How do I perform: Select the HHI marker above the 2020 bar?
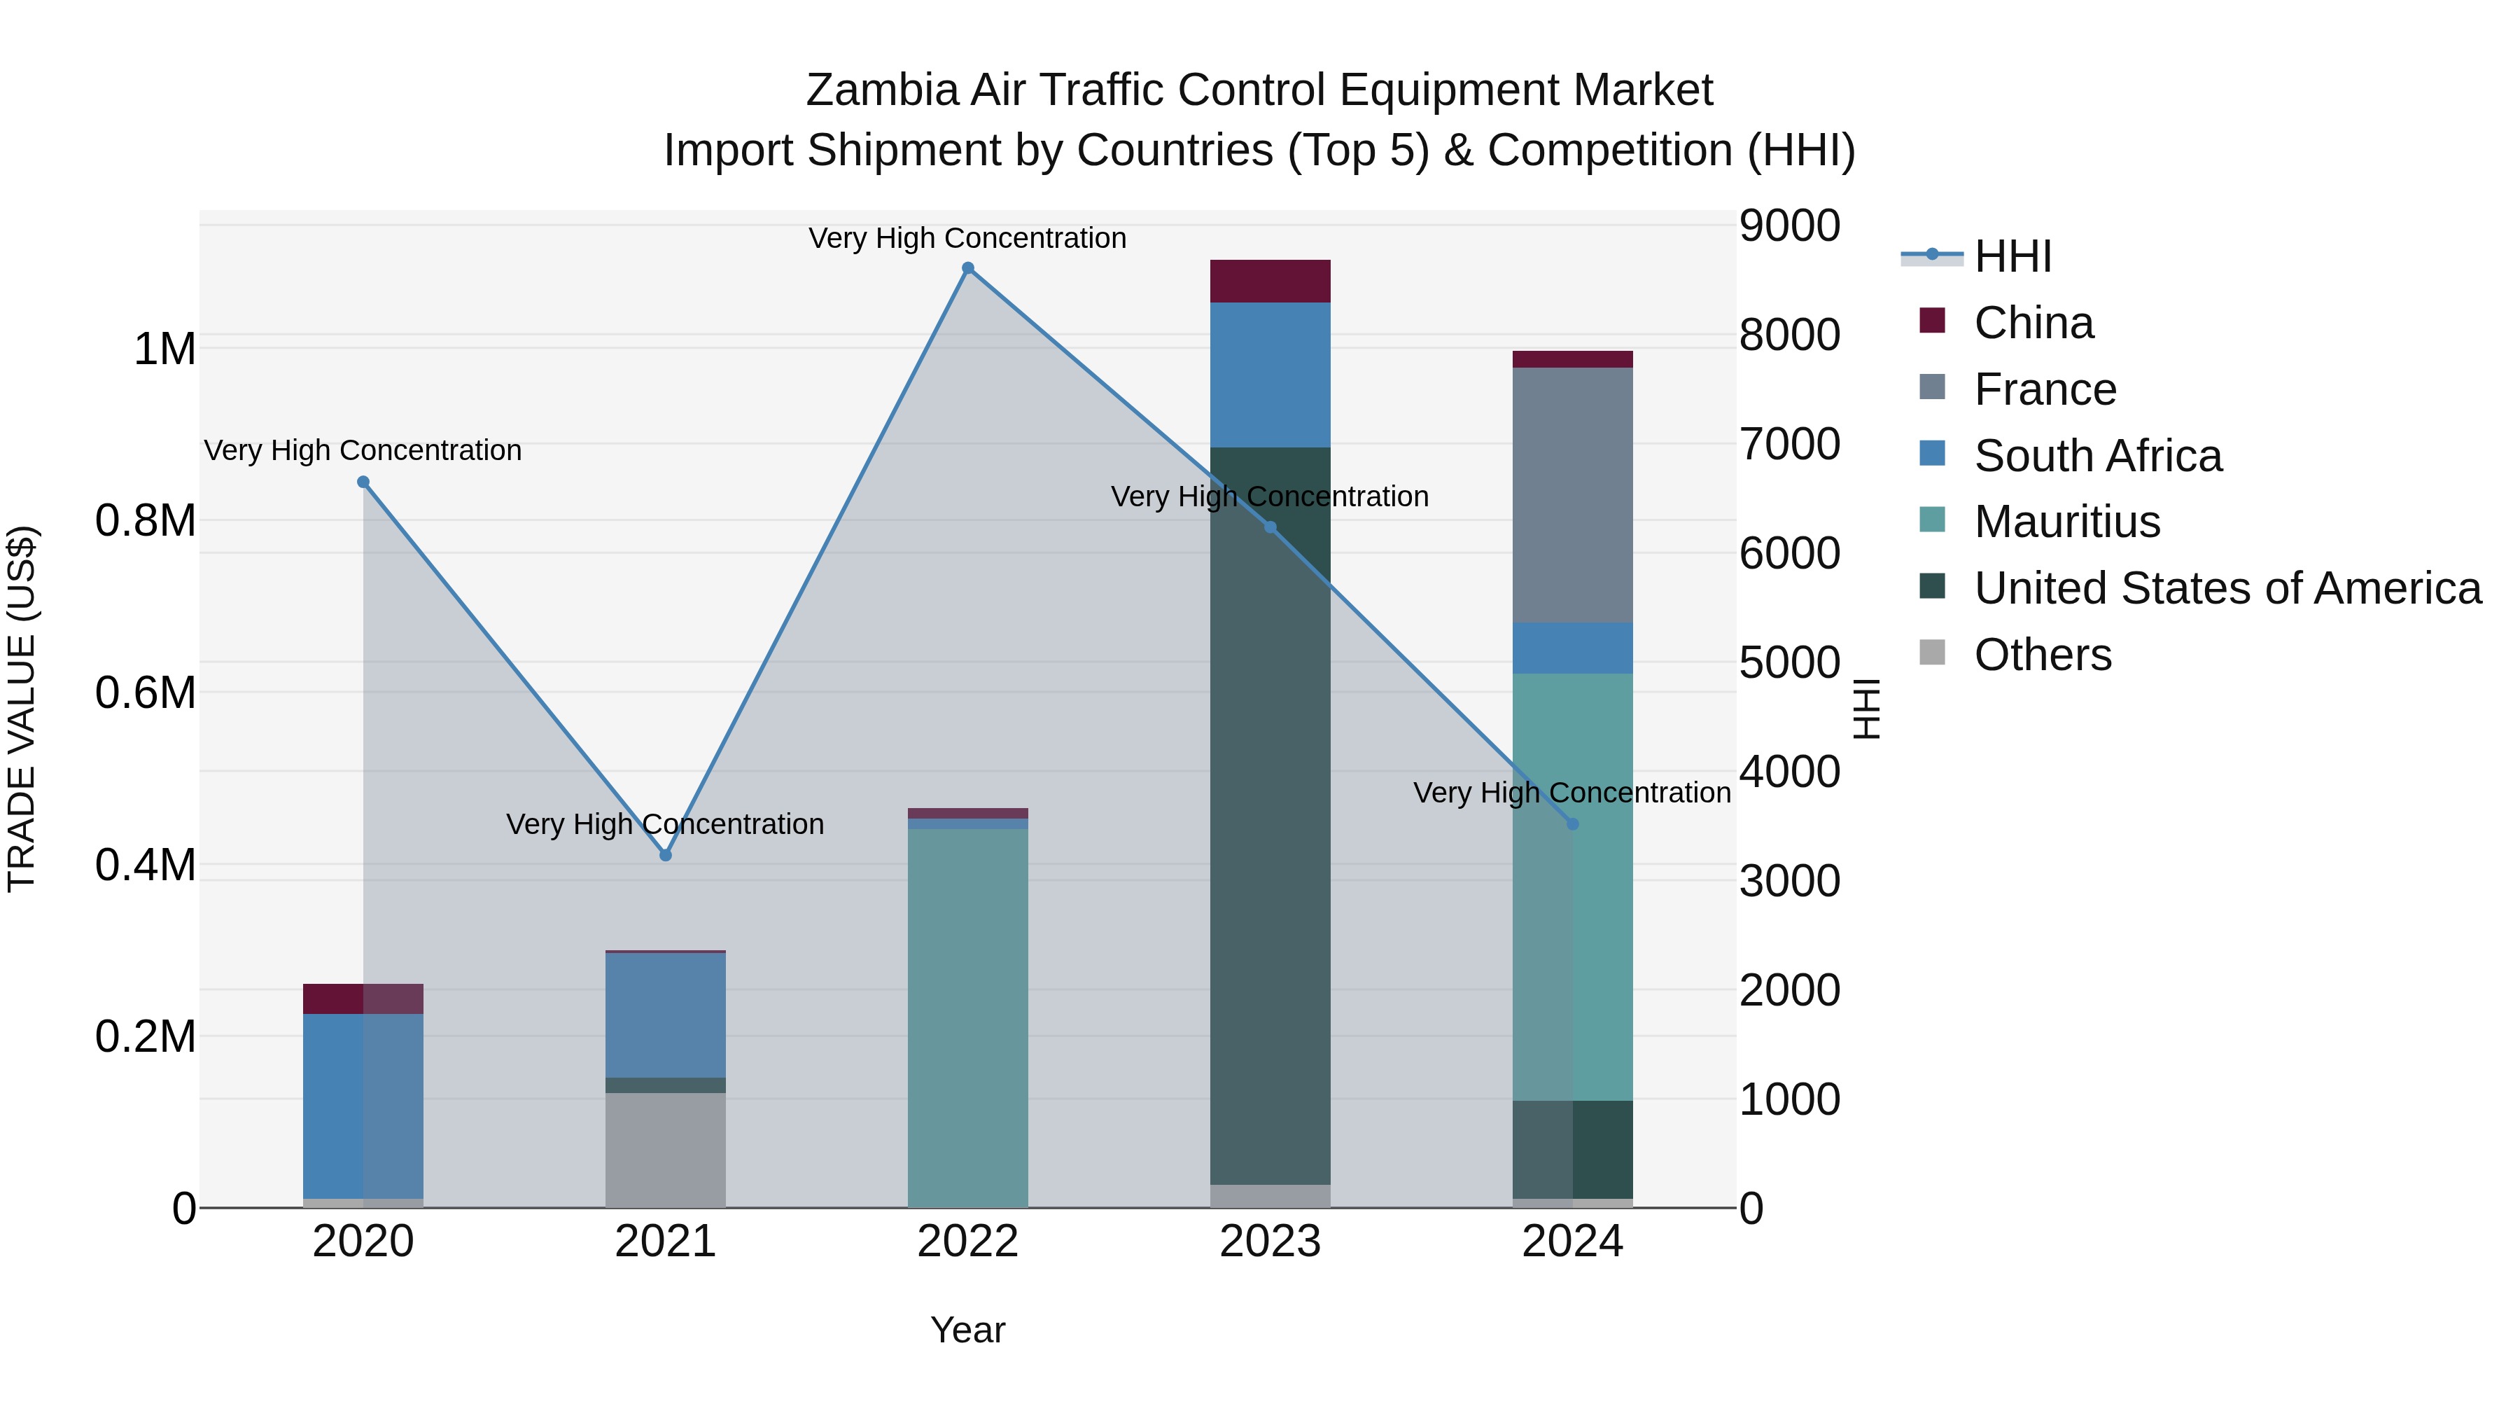363,482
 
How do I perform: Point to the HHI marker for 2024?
1572,824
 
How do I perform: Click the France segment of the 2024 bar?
1572,494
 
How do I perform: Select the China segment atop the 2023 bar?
1270,281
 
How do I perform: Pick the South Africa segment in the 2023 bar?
1270,375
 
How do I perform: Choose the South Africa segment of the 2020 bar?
363,1106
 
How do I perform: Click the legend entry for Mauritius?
2066,522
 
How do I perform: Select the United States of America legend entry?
2227,588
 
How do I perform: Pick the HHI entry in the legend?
2012,256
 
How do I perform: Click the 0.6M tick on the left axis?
145,693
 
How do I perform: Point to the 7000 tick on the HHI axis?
1789,444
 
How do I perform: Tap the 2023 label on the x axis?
1270,1242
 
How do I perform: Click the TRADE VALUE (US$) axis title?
22,709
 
